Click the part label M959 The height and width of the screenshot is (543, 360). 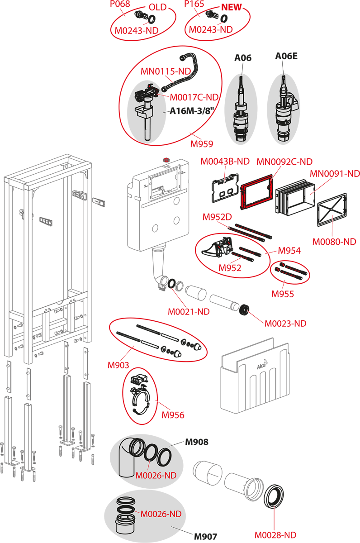pyautogui.click(x=202, y=144)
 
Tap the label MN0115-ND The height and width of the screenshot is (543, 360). pyautogui.click(x=166, y=71)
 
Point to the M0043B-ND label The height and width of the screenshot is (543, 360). pyautogui.click(x=225, y=161)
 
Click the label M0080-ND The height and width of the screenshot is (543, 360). pyautogui.click(x=334, y=242)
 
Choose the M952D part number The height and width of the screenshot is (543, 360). pyautogui.click(x=217, y=217)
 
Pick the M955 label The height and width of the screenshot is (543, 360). pyautogui.click(x=283, y=294)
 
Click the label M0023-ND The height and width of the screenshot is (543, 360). pyautogui.click(x=285, y=324)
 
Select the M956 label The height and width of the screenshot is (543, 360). pyautogui.click(x=173, y=414)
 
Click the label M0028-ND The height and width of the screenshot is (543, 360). pyautogui.click(x=275, y=535)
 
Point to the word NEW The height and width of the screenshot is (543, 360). pyautogui.click(x=231, y=8)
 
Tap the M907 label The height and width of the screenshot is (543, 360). pyautogui.click(x=205, y=537)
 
